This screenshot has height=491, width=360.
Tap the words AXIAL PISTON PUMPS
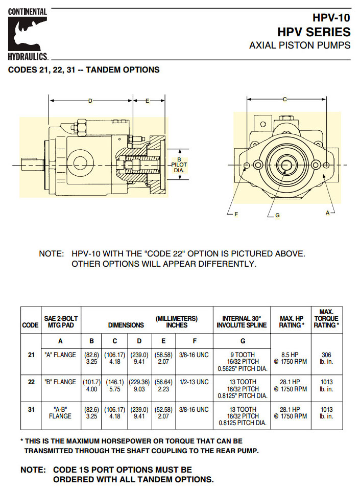300,45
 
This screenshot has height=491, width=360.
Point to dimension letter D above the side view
90,101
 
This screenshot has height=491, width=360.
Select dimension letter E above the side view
147,101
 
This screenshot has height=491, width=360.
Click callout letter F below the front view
236,215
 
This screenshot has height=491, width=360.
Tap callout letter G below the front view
277,216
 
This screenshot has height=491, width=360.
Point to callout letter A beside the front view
328,213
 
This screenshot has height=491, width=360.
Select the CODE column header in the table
30,325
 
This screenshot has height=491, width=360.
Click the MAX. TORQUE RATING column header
326,318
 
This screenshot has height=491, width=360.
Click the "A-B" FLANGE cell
60,413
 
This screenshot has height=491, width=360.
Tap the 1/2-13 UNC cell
195,382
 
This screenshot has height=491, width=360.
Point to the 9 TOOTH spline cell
243,362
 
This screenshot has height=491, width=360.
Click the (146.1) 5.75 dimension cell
115,385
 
